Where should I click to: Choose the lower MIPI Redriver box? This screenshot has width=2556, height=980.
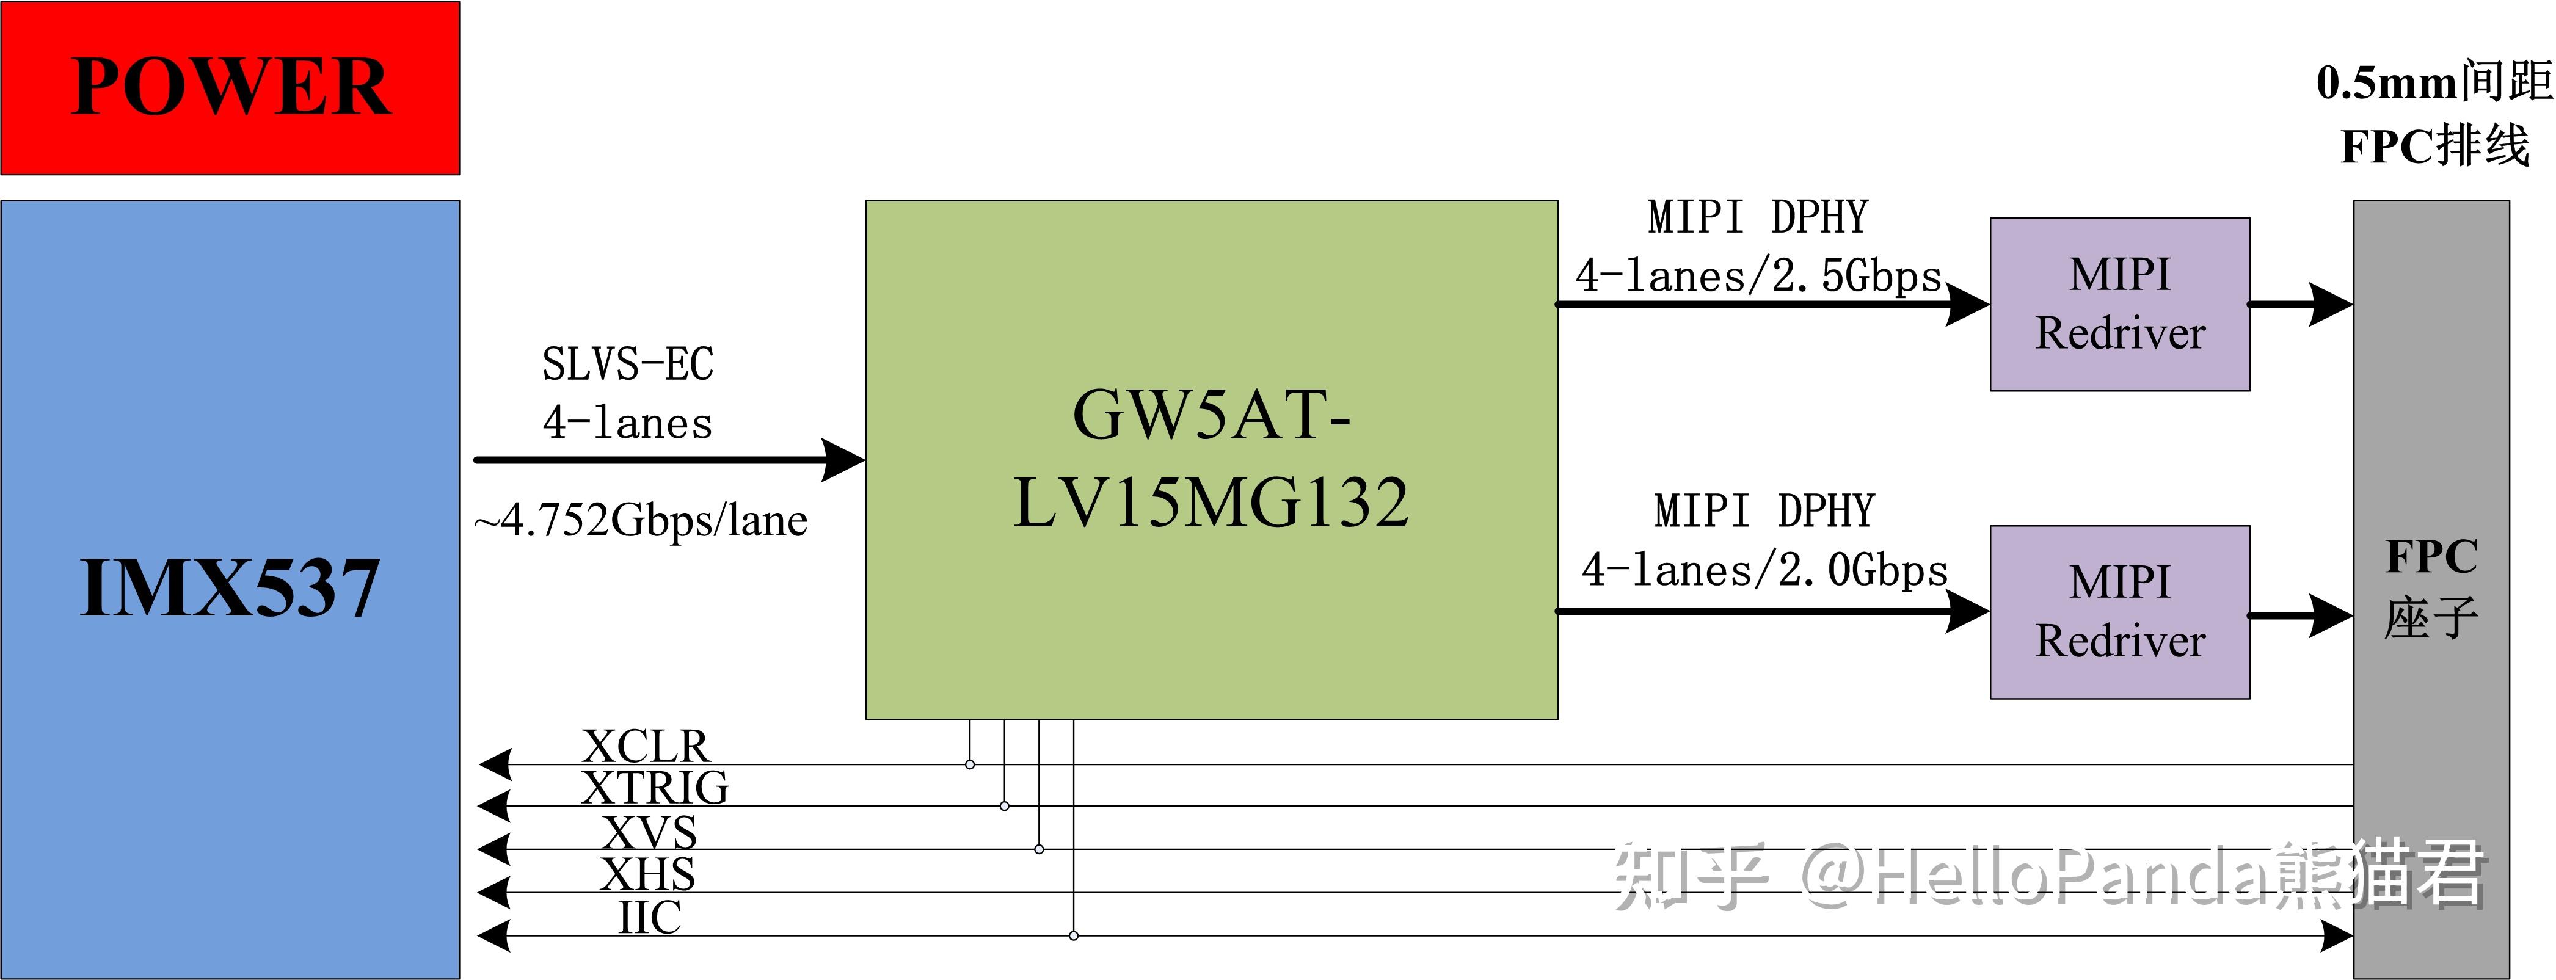coord(2119,612)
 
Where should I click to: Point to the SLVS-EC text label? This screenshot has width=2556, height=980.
coord(627,364)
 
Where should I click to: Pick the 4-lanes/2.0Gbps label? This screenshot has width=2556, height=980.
coord(1764,570)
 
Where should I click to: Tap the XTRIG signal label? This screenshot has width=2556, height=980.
coord(655,788)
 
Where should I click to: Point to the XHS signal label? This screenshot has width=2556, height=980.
coord(648,874)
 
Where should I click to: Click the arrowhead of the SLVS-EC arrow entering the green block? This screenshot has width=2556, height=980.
coord(845,460)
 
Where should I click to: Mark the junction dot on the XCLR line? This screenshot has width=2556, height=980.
coord(969,764)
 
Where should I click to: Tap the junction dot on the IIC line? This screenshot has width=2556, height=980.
coord(1074,935)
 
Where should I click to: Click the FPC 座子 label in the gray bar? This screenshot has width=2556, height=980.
coord(2431,588)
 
